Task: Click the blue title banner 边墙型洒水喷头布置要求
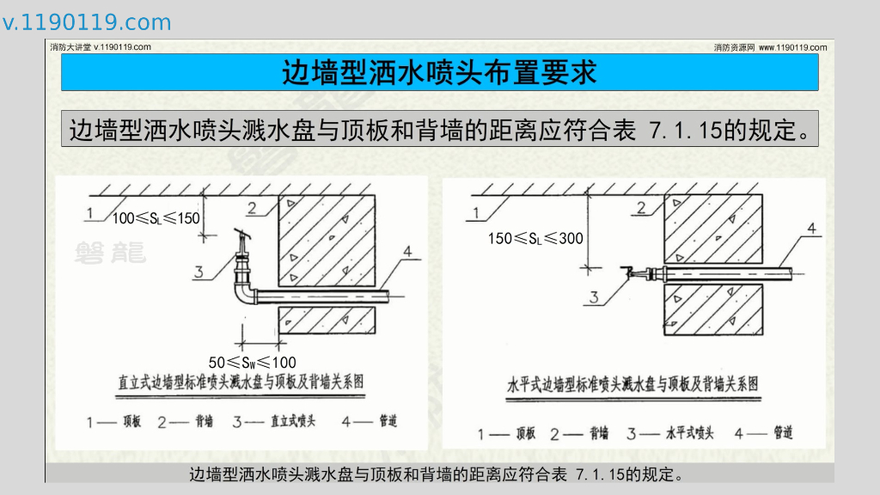coord(439,73)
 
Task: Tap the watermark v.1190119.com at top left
coord(87,22)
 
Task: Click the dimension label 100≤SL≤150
coord(156,218)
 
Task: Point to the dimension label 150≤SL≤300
coord(535,238)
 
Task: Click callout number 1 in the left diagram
coord(89,211)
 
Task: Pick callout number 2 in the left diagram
coord(251,207)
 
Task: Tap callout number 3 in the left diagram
coord(199,273)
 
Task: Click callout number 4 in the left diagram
coord(406,252)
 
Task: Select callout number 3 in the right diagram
coord(592,298)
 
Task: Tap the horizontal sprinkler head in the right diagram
coord(637,273)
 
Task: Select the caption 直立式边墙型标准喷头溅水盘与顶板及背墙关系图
coord(241,382)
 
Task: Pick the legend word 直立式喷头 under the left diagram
coord(292,422)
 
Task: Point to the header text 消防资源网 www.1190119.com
coord(770,47)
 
